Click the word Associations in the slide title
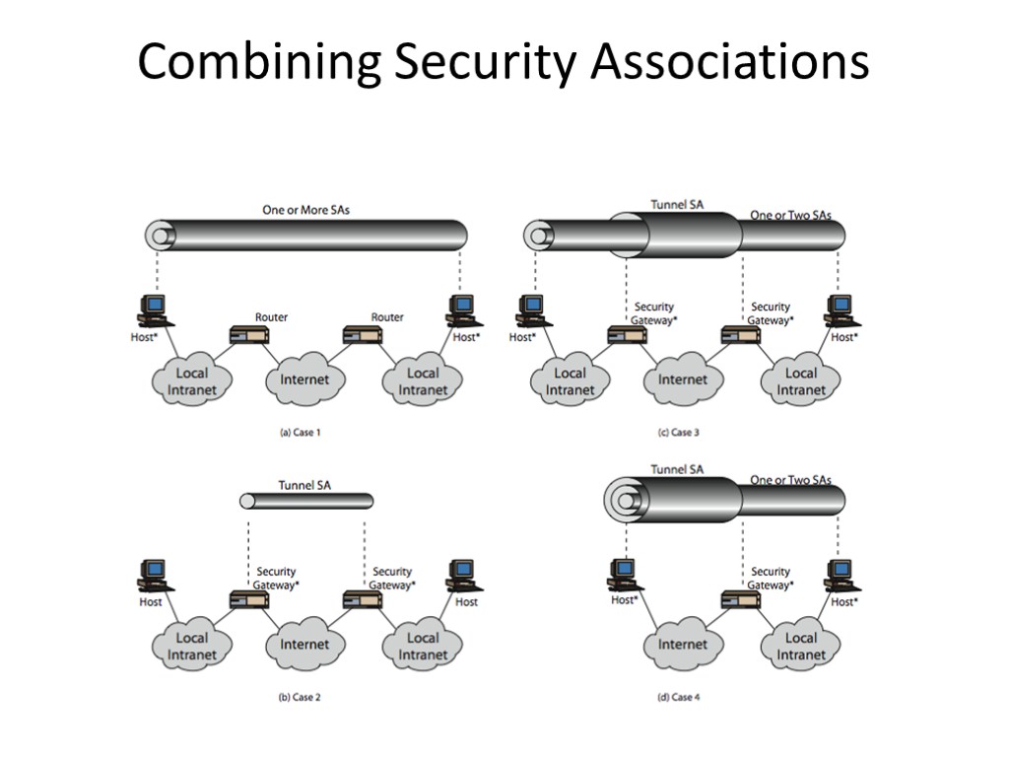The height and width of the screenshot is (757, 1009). pos(730,62)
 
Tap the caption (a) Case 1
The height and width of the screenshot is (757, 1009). pos(300,432)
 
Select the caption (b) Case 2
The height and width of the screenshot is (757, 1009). pos(300,697)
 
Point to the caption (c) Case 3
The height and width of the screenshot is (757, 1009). pos(678,432)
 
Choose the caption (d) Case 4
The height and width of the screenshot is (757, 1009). pos(678,697)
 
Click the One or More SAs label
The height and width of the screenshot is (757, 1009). pos(305,209)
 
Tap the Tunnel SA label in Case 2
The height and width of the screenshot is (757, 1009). pos(304,485)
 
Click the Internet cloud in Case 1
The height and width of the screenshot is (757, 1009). pos(305,379)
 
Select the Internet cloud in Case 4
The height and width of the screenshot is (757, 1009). pos(683,645)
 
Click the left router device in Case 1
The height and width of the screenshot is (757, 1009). pos(248,335)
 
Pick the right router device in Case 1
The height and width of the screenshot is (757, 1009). pos(363,335)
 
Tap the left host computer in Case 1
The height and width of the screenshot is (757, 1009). pos(154,310)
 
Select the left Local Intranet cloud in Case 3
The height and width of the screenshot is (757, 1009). pos(570,380)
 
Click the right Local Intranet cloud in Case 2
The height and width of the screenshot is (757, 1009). pos(423,646)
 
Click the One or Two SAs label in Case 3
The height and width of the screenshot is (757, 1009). pos(790,215)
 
